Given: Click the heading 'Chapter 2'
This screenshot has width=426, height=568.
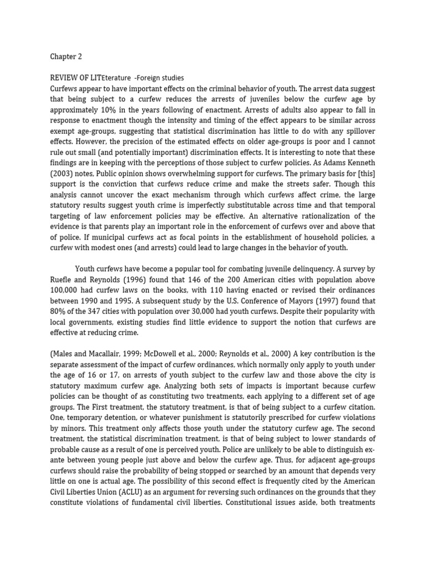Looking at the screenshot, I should (x=65, y=57).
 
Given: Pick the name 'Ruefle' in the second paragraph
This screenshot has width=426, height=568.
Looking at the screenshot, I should (x=63, y=280).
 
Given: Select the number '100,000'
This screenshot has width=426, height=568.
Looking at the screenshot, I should (x=65, y=290).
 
